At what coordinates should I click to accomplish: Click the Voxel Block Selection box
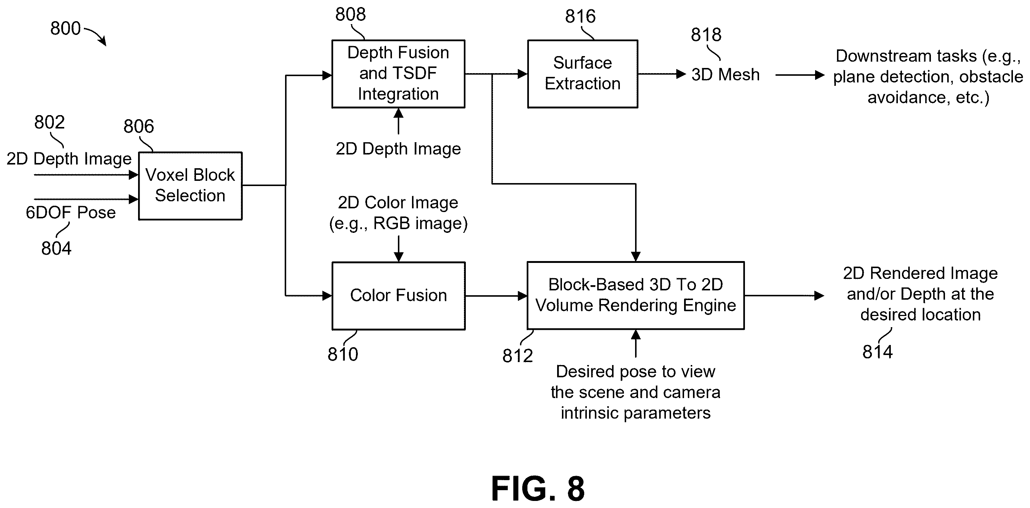point(190,186)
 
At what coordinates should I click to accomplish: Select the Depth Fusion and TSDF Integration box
point(398,74)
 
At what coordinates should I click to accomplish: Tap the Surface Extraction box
point(583,74)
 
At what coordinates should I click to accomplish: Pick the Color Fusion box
point(399,296)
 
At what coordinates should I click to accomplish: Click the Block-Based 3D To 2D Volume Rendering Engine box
point(636,296)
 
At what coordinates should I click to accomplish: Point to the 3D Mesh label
point(725,74)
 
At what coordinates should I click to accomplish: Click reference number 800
point(65,28)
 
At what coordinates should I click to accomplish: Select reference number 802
point(49,122)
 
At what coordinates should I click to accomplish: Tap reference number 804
point(56,248)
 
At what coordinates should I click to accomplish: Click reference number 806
point(138,126)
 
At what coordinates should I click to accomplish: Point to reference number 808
point(350,14)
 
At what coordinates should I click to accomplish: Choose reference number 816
point(580,16)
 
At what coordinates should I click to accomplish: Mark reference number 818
point(706,35)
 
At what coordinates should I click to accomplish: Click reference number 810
point(343,354)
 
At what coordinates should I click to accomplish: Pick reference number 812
point(517,356)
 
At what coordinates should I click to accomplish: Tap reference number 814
point(877,352)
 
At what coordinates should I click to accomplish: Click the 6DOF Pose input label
point(71,212)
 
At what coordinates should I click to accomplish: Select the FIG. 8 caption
point(538,488)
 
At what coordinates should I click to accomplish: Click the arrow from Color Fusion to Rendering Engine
point(496,296)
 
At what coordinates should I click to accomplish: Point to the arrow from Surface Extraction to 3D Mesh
point(662,74)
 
